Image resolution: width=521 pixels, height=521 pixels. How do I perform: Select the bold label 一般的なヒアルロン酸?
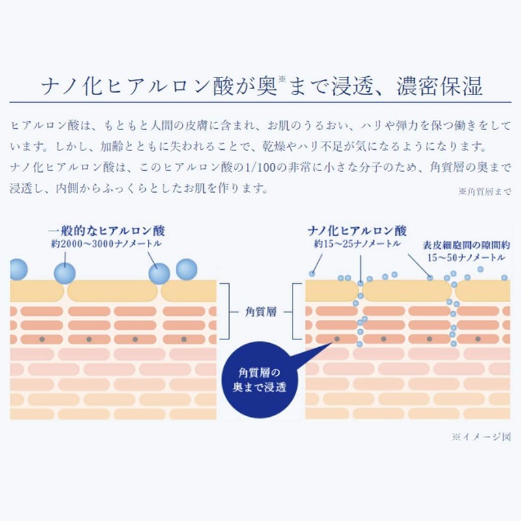click(107, 231)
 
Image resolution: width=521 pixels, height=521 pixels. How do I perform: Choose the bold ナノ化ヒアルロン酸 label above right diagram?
click(358, 231)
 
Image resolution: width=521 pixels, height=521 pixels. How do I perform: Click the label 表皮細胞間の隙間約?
click(463, 246)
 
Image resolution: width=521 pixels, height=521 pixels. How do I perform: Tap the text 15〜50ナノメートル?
click(463, 258)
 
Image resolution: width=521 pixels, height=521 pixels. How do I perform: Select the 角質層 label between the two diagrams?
click(262, 312)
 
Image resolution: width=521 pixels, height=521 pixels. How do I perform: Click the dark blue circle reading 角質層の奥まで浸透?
click(262, 380)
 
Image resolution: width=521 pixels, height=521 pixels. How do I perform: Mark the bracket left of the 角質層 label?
click(226, 312)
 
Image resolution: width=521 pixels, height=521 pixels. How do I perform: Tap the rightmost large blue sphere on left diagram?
click(186, 270)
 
